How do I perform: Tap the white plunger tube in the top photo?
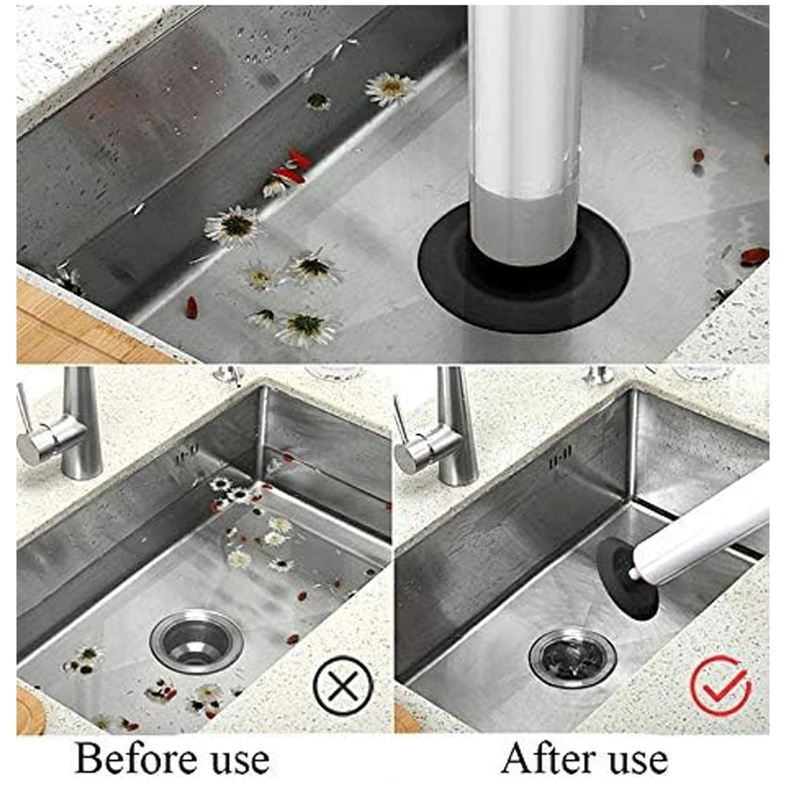[x=525, y=94]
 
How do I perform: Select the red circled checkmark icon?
[x=721, y=685]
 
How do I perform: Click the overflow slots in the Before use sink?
[x=186, y=454]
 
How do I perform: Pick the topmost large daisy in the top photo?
[x=390, y=88]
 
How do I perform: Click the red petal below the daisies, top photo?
[x=191, y=307]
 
